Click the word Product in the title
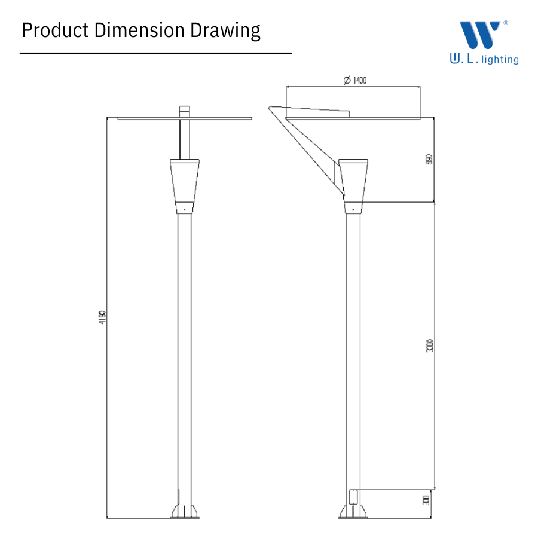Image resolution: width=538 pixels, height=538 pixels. pyautogui.click(x=55, y=30)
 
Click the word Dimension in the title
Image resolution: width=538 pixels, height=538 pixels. pyautogui.click(x=139, y=30)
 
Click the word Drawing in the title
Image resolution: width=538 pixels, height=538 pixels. pyautogui.click(x=225, y=31)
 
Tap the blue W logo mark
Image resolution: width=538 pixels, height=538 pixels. pyautogui.click(x=479, y=35)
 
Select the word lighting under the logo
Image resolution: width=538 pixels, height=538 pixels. pyautogui.click(x=500, y=60)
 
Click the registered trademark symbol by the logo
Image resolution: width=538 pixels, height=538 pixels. pyautogui.click(x=505, y=23)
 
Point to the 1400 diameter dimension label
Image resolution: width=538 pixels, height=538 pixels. pyautogui.click(x=355, y=80)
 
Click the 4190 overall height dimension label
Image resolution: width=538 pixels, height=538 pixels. pyautogui.click(x=102, y=317)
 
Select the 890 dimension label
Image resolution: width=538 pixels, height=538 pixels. pyautogui.click(x=429, y=160)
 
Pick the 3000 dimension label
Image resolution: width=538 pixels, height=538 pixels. pyautogui.click(x=430, y=346)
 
